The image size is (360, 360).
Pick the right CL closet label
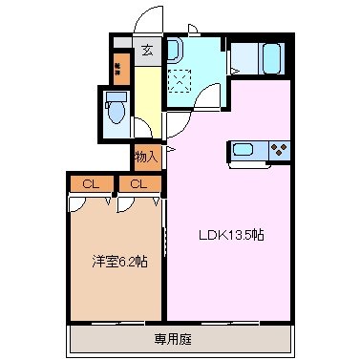coord(139,183)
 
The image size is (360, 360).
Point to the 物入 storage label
coord(146,156)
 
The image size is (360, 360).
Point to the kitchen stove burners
coord(280,149)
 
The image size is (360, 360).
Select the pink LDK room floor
coord(229,277)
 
